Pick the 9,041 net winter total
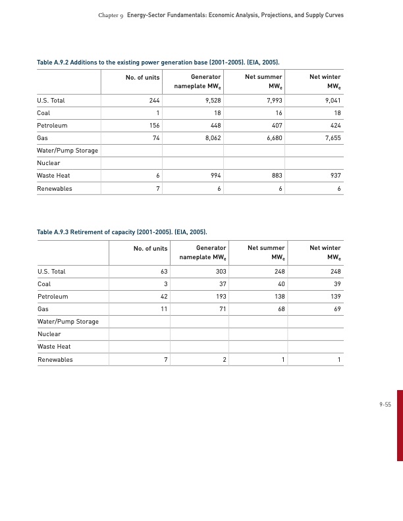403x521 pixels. point(332,101)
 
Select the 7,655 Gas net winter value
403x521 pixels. point(332,138)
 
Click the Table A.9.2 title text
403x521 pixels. point(158,62)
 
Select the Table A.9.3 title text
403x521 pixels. point(122,232)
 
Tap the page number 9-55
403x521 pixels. point(385,405)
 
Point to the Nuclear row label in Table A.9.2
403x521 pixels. point(49,163)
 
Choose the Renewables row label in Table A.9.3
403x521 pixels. point(55,360)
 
